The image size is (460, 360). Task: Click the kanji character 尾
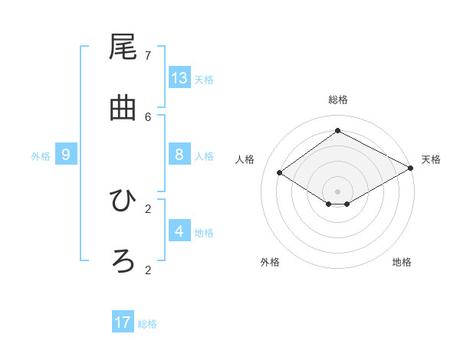pos(123,48)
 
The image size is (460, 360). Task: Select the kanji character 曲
pos(123,109)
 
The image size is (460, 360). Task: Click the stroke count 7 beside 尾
pos(148,55)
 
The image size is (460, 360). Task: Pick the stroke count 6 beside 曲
pos(148,116)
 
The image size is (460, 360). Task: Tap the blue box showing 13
pos(179,77)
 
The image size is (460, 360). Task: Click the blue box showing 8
pos(179,155)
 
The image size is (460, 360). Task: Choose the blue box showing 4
pos(179,231)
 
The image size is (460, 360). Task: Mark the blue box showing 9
pos(66,155)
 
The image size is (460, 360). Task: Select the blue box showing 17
pos(123,322)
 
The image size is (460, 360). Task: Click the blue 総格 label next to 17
pos(147,324)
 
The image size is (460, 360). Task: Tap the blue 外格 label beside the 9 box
pos(41,156)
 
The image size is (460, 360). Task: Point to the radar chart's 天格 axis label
pos(431,159)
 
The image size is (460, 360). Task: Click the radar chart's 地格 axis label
pos(402,262)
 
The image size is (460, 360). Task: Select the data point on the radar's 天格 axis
pos(411,168)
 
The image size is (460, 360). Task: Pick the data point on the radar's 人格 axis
pos(280,173)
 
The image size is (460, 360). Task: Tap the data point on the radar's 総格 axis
pos(337,130)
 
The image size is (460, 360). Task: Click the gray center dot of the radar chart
pos(337,191)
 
